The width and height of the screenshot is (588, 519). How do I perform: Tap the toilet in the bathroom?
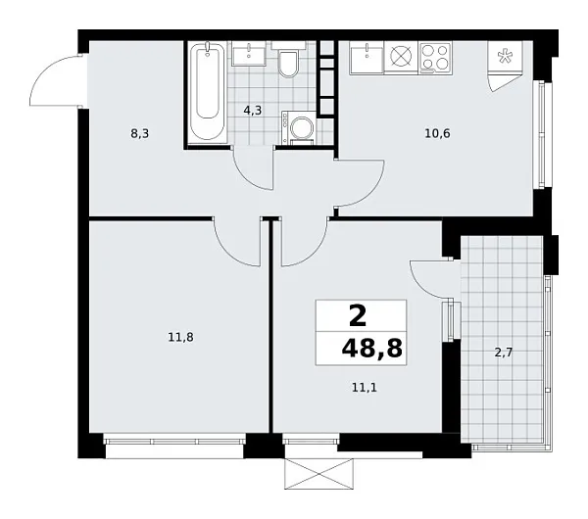pyautogui.click(x=288, y=64)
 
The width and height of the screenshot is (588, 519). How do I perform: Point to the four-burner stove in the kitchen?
pyautogui.click(x=434, y=58)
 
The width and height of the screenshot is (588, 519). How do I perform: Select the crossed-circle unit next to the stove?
pyautogui.click(x=400, y=58)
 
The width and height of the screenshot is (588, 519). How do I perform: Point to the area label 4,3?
pyautogui.click(x=252, y=111)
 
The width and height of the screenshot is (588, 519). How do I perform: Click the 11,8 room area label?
pyautogui.click(x=179, y=337)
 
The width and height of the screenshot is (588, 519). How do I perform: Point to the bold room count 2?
pyautogui.click(x=358, y=315)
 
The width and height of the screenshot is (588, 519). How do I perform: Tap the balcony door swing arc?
pyautogui.click(x=427, y=279)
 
